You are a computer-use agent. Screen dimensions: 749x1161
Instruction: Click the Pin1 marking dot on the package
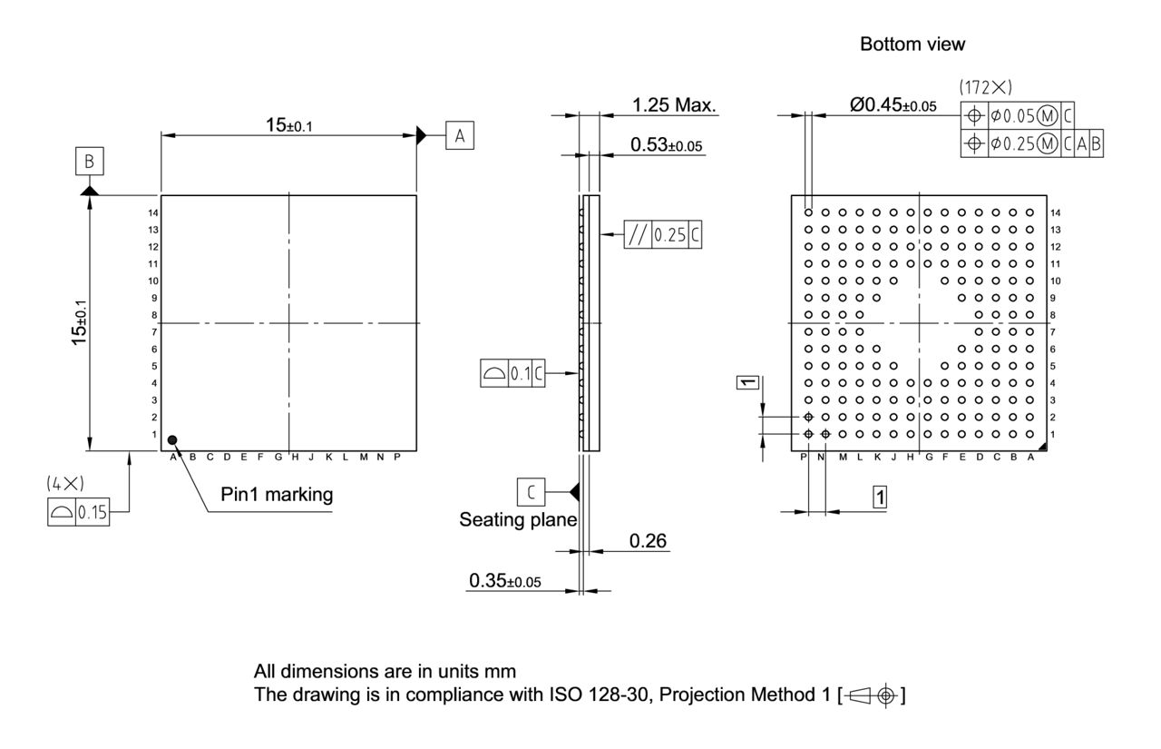tap(173, 440)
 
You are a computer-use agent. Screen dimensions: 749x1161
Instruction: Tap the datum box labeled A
tap(460, 136)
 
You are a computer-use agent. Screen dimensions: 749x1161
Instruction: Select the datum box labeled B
tap(89, 163)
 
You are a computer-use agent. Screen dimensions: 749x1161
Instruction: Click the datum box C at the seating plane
tap(532, 491)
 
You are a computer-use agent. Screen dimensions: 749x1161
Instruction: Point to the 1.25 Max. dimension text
tap(674, 106)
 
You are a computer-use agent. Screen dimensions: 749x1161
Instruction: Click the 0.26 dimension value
tap(648, 542)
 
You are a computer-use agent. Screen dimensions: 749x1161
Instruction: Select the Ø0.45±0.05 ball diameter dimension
tap(893, 105)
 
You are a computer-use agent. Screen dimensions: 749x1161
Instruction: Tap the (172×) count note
tap(985, 88)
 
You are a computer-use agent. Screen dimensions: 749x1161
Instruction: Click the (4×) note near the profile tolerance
tap(64, 484)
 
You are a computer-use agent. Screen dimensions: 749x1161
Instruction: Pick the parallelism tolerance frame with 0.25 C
tap(663, 235)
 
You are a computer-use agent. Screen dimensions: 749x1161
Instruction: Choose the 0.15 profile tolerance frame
tap(78, 513)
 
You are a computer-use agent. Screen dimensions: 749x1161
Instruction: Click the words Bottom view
tap(912, 44)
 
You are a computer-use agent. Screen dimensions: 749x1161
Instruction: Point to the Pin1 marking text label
tap(277, 495)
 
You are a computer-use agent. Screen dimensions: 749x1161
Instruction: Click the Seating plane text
tap(518, 520)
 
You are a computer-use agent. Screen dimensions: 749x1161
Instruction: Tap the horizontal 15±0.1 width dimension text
tap(288, 126)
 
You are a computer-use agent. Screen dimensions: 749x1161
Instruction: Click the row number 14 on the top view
tap(154, 212)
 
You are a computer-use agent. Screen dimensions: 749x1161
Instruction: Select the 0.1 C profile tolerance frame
tap(512, 373)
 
